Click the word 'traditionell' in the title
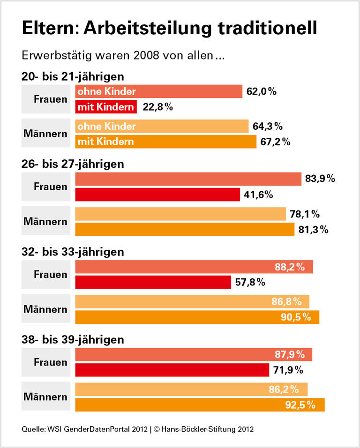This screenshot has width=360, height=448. (267, 27)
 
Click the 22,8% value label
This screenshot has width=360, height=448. (157, 107)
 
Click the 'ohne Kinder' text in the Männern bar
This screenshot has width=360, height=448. (106, 127)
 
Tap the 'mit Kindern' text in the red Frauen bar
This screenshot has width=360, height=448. (105, 107)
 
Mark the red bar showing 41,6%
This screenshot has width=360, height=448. (157, 194)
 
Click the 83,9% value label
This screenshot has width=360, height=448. (320, 179)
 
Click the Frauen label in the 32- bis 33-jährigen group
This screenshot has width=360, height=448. (51, 275)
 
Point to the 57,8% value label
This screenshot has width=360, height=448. (250, 282)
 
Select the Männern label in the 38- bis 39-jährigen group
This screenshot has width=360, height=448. (45, 397)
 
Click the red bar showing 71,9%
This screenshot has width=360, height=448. (172, 370)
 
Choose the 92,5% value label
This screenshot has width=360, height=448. (300, 404)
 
